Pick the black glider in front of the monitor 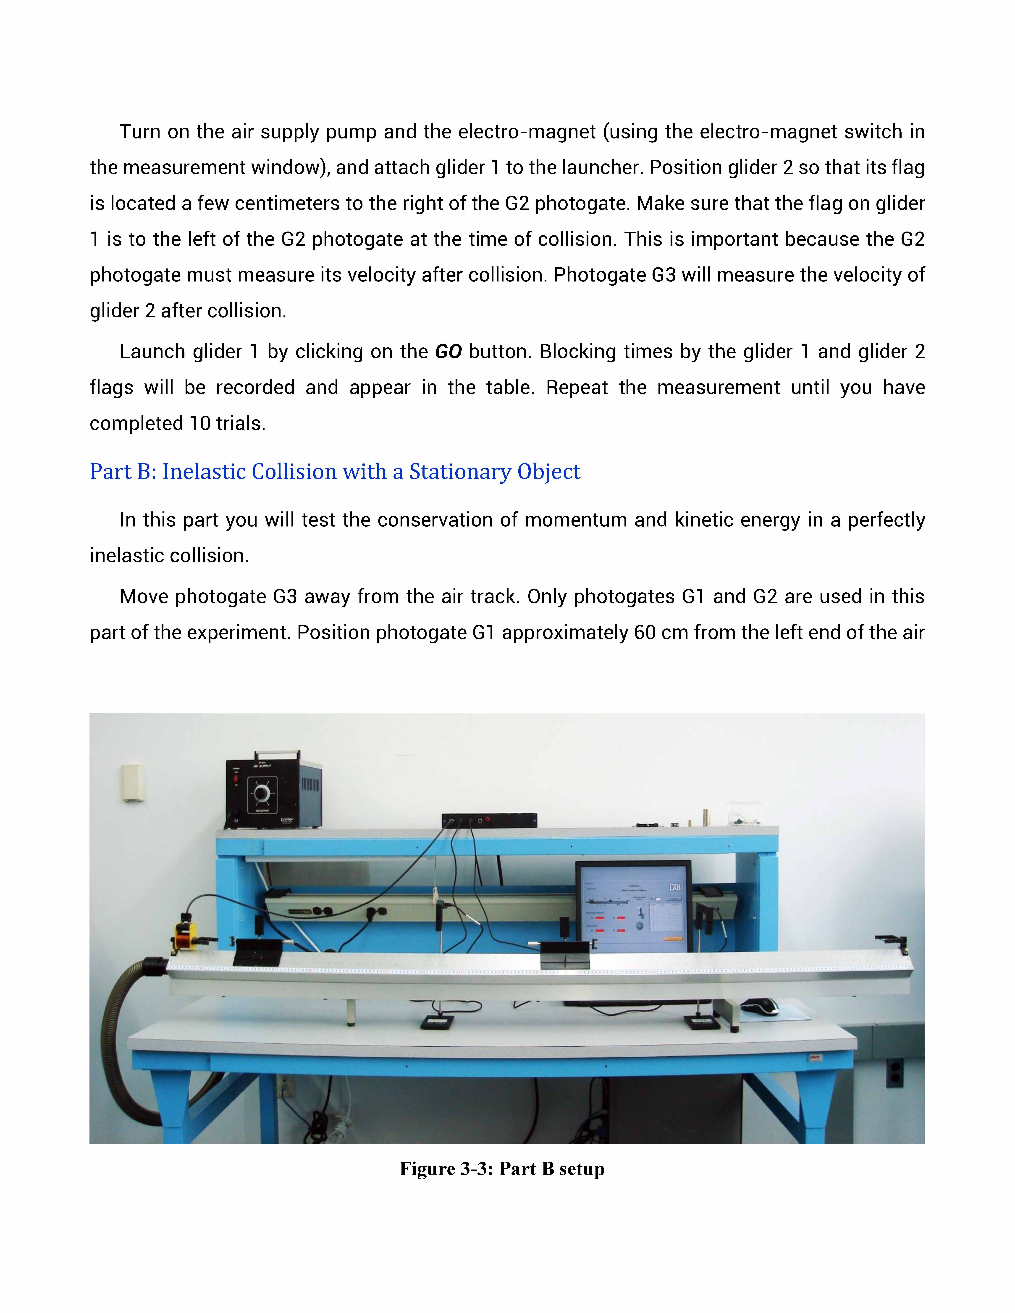click(565, 955)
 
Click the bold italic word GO click(448, 352)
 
